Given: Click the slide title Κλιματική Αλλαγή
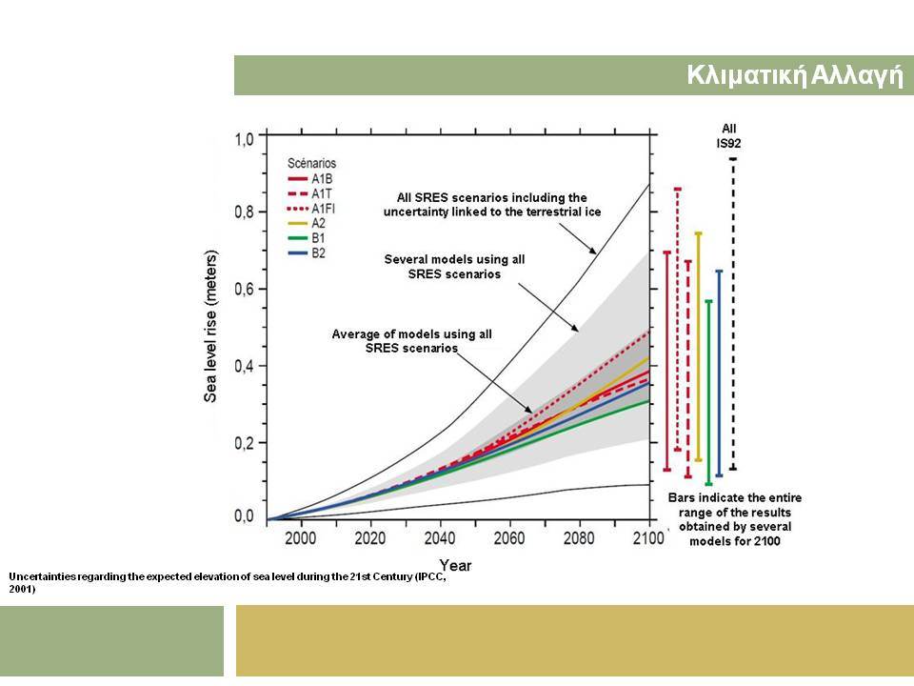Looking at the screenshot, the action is click(795, 75).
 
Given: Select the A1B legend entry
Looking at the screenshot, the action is click(310, 178).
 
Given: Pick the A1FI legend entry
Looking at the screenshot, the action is click(311, 209).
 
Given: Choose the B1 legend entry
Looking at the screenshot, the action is click(307, 238).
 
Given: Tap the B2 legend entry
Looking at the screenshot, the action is click(307, 253).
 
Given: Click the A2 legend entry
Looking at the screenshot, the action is click(307, 223).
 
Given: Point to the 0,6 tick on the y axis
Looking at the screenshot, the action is click(245, 289).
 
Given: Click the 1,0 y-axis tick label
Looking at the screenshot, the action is click(245, 139).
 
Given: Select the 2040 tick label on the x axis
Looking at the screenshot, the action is click(440, 537).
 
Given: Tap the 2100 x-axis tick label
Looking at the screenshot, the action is click(648, 537).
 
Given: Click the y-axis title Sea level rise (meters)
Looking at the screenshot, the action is click(210, 326).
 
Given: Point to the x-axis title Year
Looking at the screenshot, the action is click(455, 565).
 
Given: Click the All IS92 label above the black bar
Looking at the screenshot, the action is click(728, 136).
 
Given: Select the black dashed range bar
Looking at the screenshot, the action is click(733, 313).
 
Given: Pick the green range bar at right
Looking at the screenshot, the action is click(708, 393).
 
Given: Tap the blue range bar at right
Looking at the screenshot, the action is click(720, 373).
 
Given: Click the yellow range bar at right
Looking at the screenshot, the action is click(698, 347).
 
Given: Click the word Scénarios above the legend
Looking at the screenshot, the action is click(312, 163).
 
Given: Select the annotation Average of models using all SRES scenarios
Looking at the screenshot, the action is click(411, 341).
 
